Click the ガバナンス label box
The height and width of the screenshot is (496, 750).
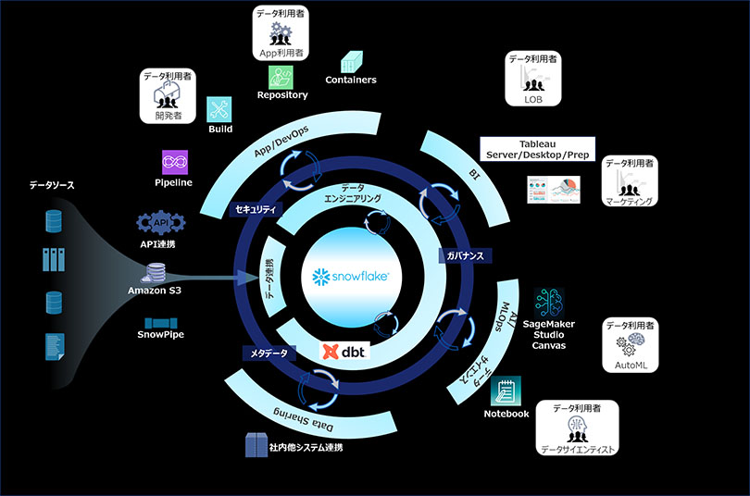pos(463,254)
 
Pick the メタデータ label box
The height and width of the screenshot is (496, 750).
pos(268,353)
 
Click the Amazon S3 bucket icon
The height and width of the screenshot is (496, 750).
pos(154,273)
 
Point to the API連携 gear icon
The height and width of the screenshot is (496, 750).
pos(160,222)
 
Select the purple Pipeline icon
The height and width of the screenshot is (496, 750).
pos(174,162)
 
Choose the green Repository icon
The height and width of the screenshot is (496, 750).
pos(281,76)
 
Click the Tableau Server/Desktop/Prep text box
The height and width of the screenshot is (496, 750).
pos(537,148)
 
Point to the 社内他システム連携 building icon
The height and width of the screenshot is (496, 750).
pos(255,445)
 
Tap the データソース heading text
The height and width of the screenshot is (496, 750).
pos(52,186)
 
